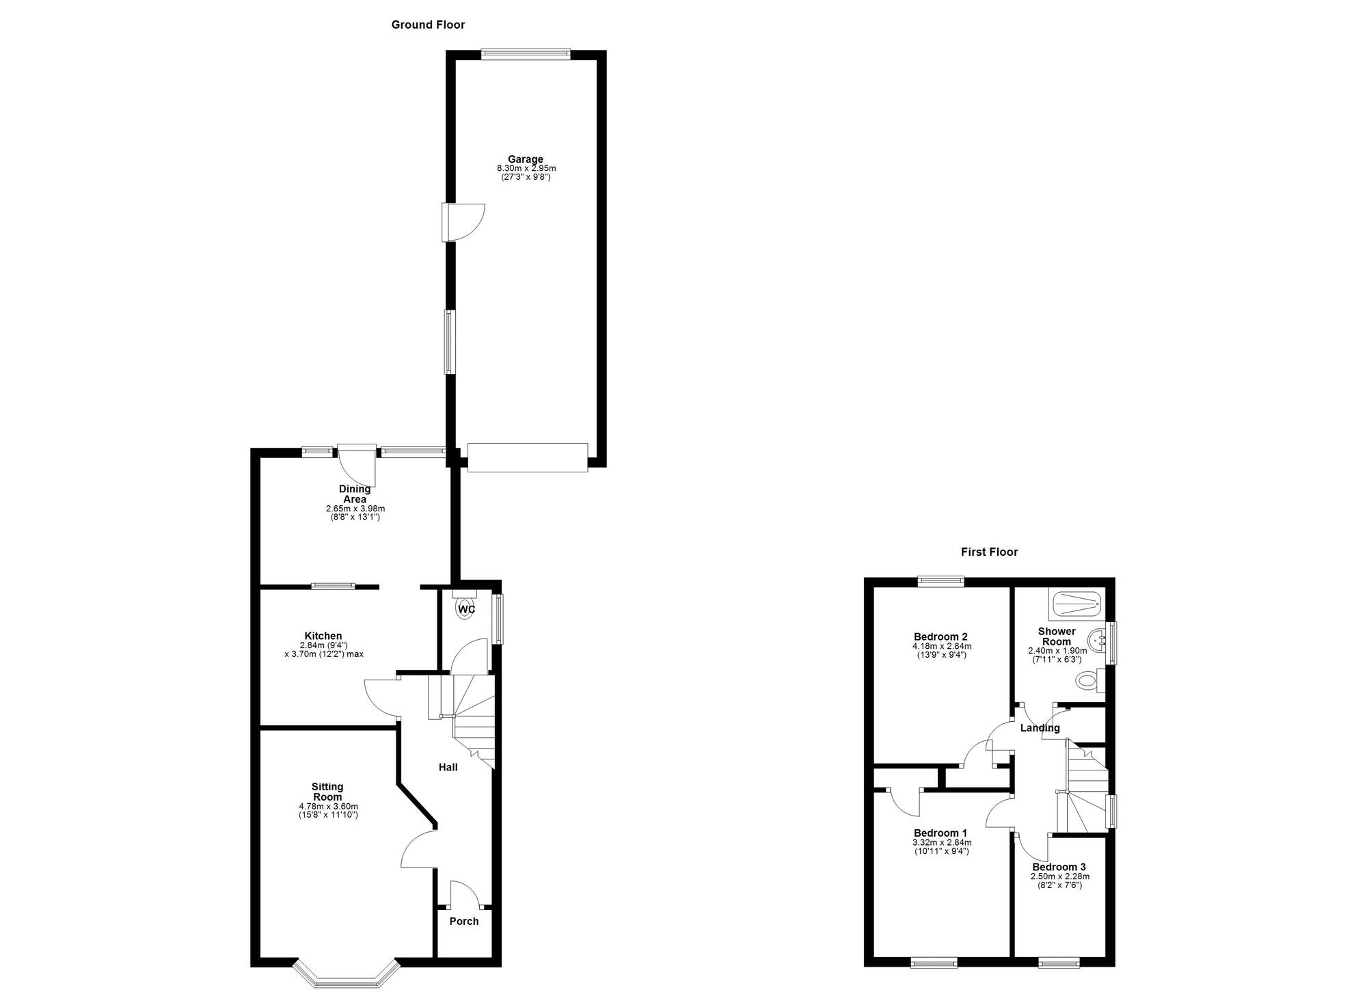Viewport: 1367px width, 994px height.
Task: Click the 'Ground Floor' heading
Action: (428, 25)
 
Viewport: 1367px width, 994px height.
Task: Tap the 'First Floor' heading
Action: (989, 552)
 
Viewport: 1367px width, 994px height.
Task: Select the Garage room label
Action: (525, 159)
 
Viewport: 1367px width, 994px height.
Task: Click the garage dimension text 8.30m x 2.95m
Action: (526, 168)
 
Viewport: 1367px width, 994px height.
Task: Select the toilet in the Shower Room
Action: (1089, 681)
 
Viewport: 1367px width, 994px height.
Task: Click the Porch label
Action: (464, 922)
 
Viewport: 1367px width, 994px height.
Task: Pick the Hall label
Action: (448, 767)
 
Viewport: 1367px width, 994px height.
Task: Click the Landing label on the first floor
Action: (1040, 728)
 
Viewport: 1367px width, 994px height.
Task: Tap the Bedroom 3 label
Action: (1059, 867)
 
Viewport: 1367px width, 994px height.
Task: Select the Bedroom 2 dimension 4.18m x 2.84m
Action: (942, 646)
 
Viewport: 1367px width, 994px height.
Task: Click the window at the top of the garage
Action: (525, 54)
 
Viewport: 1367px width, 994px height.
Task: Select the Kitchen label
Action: (323, 636)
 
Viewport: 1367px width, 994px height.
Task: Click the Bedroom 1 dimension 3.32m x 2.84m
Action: (941, 842)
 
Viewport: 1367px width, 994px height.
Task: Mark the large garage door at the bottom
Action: (527, 457)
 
